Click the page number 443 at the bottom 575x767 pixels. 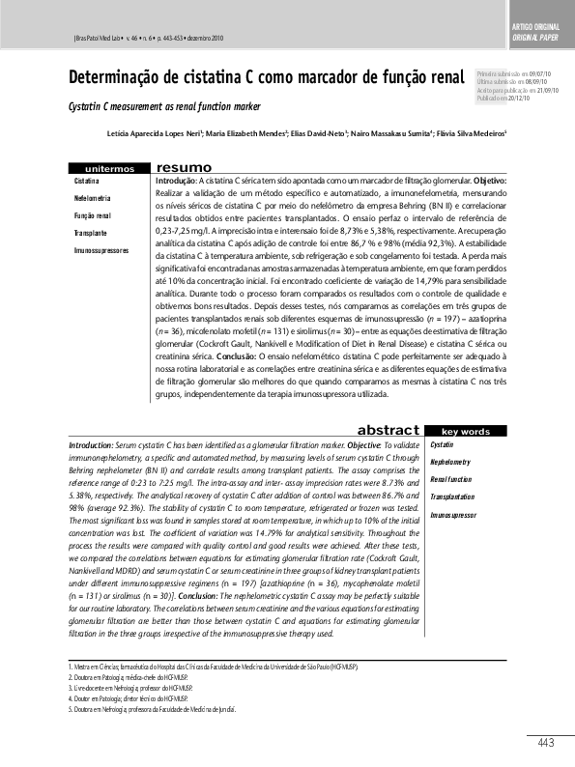pos(545,742)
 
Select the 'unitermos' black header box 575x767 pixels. pos(110,168)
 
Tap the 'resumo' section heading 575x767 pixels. pos(185,167)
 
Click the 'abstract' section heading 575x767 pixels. pos(388,430)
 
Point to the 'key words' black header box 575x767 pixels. pos(465,431)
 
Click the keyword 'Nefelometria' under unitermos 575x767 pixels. pos(92,197)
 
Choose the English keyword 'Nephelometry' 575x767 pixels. pos(451,462)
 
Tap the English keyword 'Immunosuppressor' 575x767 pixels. pos(453,515)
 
